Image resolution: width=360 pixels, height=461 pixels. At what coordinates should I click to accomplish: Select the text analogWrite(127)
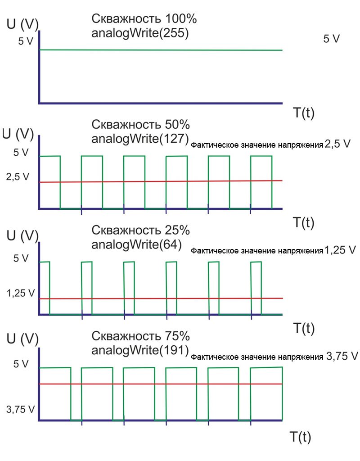coord(139,139)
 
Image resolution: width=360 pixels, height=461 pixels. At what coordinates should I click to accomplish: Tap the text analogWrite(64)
coord(136,244)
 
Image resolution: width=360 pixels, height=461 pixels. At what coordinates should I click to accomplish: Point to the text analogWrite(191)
coord(139,350)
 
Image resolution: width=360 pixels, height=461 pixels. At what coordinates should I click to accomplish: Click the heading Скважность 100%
coord(144,19)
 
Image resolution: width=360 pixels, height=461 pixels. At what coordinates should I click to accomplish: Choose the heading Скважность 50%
coord(141,125)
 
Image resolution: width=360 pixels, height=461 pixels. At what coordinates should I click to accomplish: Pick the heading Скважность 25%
coord(141,230)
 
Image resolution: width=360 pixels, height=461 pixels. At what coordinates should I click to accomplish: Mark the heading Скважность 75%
coord(141,336)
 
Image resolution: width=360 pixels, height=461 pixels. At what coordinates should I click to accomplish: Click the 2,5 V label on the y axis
coord(18,177)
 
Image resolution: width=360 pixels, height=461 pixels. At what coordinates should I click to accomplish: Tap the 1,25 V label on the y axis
coord(20,293)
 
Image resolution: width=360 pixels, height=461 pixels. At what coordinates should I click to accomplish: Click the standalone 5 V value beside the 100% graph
coord(332,39)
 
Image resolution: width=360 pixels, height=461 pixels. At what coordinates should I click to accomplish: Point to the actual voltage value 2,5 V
coord(337,145)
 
